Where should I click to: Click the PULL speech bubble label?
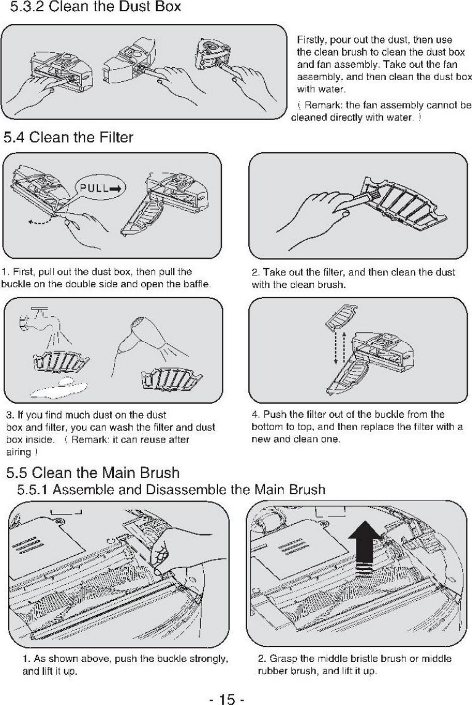pos(100,188)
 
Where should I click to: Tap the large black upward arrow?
pos(365,548)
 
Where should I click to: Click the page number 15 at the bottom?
pos(227,698)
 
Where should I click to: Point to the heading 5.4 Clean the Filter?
pos(68,137)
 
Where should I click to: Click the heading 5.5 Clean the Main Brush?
pos(92,473)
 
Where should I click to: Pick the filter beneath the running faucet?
pos(61,359)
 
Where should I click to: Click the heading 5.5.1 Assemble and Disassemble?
pos(171,489)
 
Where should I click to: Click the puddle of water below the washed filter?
pos(59,387)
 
